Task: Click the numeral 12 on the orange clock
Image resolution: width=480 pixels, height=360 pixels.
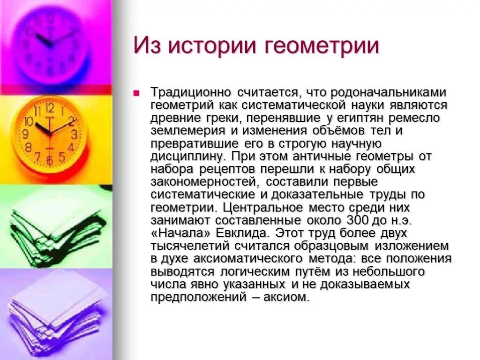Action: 50,109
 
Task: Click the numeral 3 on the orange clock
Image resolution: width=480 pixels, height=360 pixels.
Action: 74,135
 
